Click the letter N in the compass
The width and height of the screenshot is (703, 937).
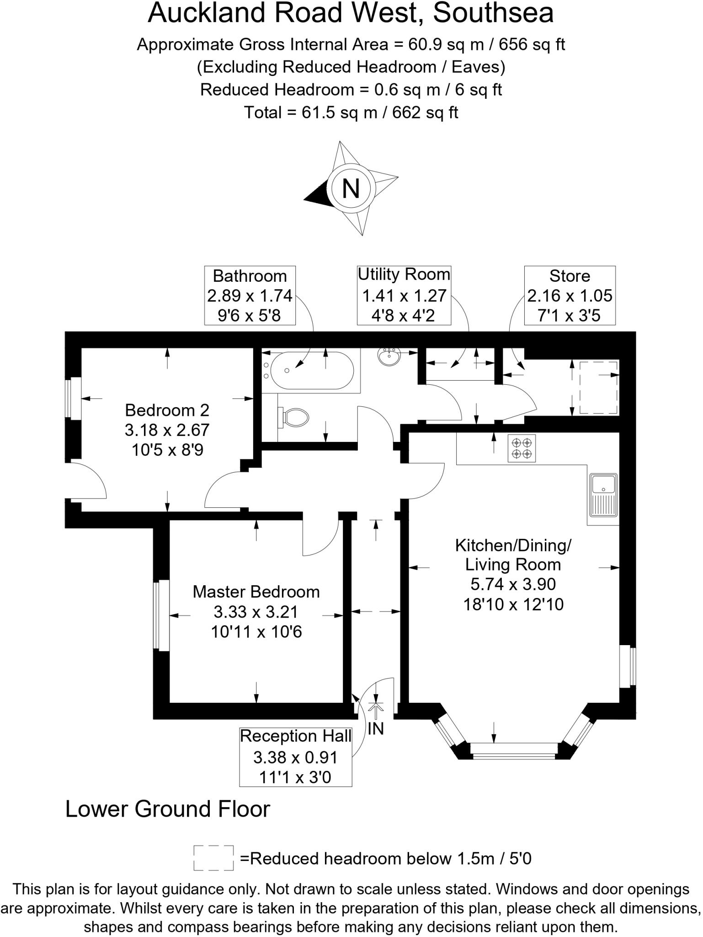(x=351, y=188)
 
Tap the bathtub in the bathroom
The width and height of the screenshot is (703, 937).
(x=312, y=370)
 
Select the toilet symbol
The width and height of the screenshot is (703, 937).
(x=295, y=417)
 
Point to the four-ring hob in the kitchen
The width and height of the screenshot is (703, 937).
(x=522, y=448)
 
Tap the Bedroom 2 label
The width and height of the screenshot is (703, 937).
(x=167, y=410)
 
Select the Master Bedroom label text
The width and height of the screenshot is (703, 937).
(x=256, y=592)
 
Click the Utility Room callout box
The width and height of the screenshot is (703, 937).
(x=404, y=296)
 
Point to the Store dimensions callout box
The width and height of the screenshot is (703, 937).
(x=570, y=296)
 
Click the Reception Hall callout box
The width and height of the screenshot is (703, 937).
(x=295, y=757)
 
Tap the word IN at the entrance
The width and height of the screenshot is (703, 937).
(x=376, y=729)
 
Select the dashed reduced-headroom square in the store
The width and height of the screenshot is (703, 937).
(x=599, y=388)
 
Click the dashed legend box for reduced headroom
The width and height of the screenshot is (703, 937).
(x=213, y=858)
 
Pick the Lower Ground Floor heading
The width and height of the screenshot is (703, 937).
(x=168, y=809)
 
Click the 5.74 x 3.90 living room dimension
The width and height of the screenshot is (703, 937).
(x=513, y=584)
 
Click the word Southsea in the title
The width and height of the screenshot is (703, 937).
(x=493, y=13)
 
